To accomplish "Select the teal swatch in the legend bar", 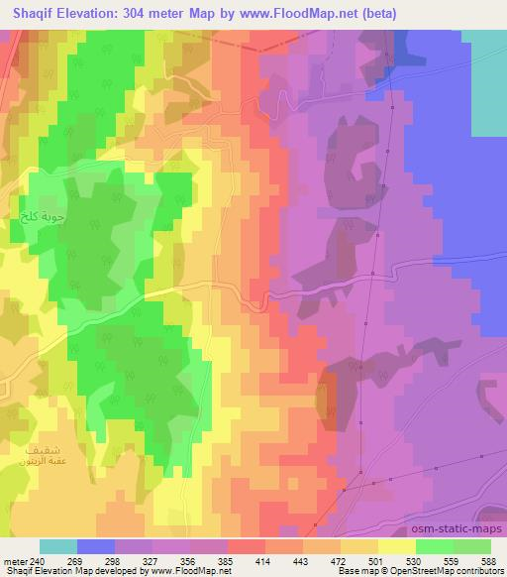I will tap(58, 546).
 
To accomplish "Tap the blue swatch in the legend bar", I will tap(96, 546).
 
